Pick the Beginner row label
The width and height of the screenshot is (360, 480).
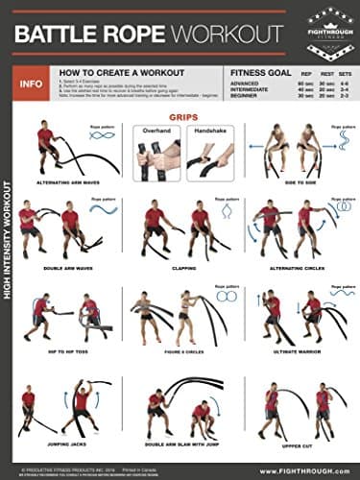click(247, 96)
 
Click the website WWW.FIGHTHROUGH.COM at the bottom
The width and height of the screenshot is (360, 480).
click(307, 468)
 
